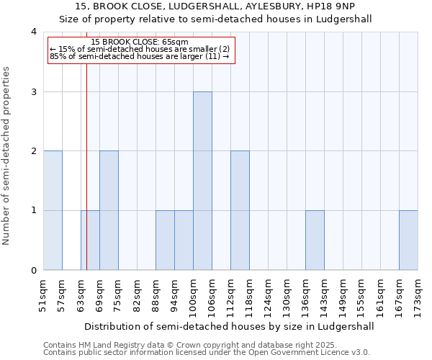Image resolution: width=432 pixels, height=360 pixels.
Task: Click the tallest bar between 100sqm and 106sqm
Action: (x=202, y=181)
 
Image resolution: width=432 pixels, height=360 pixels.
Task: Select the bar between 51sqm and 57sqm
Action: (x=53, y=210)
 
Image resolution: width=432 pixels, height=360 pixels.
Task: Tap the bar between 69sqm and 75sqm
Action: (x=109, y=210)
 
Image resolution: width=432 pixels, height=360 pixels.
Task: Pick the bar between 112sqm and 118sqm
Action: (x=240, y=210)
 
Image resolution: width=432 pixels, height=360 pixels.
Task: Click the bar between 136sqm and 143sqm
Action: (x=315, y=240)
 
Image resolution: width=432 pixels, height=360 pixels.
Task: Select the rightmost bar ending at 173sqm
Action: (x=408, y=240)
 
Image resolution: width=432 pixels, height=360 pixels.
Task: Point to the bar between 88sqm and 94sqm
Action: (x=165, y=240)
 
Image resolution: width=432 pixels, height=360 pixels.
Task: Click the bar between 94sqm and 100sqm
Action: (x=184, y=240)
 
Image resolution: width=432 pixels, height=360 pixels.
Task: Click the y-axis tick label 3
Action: (x=33, y=91)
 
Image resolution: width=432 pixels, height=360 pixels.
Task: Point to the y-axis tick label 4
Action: (x=33, y=32)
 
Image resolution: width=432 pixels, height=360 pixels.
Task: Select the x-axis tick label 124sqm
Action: (x=268, y=295)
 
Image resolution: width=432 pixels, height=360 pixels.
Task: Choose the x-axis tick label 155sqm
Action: (x=361, y=295)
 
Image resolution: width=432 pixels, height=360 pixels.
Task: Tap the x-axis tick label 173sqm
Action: (x=418, y=295)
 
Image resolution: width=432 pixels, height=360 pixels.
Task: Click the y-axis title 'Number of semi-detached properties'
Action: (x=7, y=156)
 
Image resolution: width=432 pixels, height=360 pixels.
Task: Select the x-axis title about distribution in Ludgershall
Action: (x=230, y=326)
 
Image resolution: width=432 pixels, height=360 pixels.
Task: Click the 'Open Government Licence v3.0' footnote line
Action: (x=207, y=353)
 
